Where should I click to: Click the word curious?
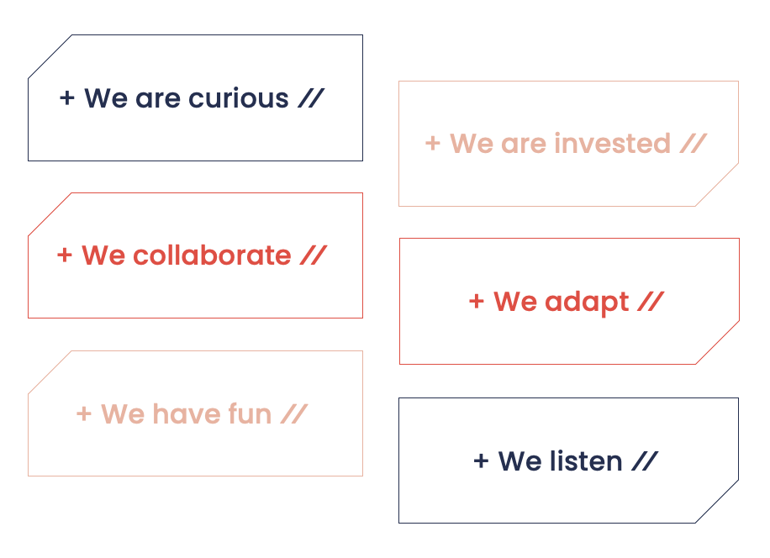(238, 98)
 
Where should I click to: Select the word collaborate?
(212, 255)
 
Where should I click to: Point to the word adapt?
(587, 303)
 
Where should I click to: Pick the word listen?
(586, 461)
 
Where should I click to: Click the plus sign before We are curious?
(66, 97)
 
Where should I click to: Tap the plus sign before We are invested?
(432, 144)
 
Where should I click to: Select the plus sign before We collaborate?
(65, 255)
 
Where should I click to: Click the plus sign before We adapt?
(477, 301)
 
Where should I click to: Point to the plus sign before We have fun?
(83, 413)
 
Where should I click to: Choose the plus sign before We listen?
(481, 461)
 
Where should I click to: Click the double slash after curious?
(311, 98)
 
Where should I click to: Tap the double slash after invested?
(694, 144)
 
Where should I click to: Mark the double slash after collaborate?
(314, 255)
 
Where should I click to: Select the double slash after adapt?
(651, 301)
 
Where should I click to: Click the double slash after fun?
(294, 413)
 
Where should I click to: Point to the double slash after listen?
(645, 461)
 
